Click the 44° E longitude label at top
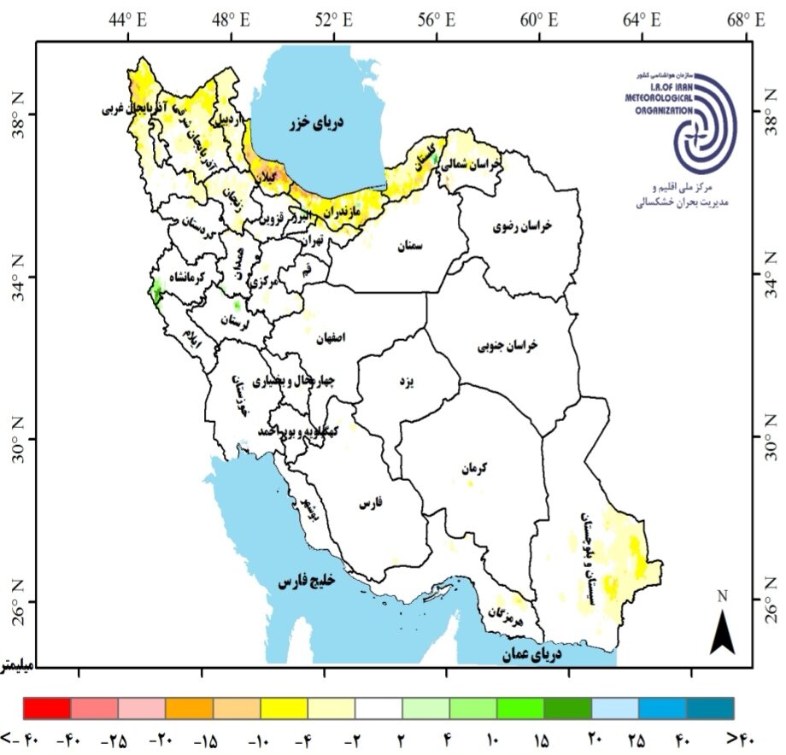129,17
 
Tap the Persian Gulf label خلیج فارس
307,581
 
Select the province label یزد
406,380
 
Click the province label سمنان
410,245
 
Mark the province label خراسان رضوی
522,226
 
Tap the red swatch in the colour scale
47,708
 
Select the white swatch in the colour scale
378,708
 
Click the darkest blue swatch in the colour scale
710,708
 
